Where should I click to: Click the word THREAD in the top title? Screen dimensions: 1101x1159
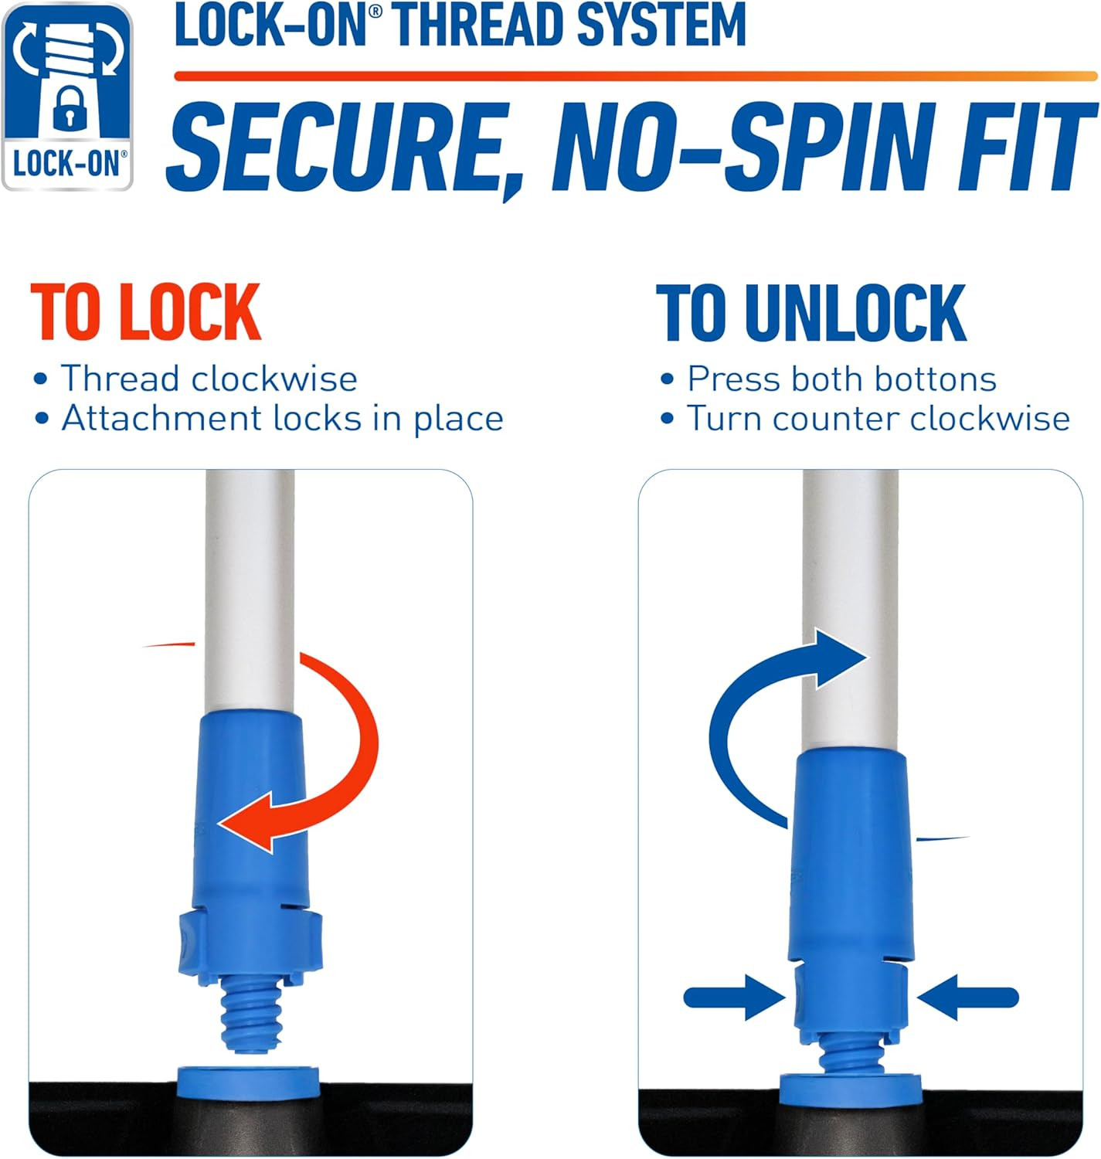click(x=480, y=25)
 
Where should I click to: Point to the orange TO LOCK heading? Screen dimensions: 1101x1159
click(x=146, y=311)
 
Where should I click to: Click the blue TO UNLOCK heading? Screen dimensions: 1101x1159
click(x=810, y=312)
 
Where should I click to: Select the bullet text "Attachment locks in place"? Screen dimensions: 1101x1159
click(x=283, y=420)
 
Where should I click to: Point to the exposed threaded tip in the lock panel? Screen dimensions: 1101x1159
click(x=253, y=1015)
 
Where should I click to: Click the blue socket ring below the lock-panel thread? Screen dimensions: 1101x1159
click(x=248, y=1082)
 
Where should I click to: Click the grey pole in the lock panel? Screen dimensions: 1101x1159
click(x=250, y=590)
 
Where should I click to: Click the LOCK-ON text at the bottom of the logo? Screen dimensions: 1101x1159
click(x=70, y=163)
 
